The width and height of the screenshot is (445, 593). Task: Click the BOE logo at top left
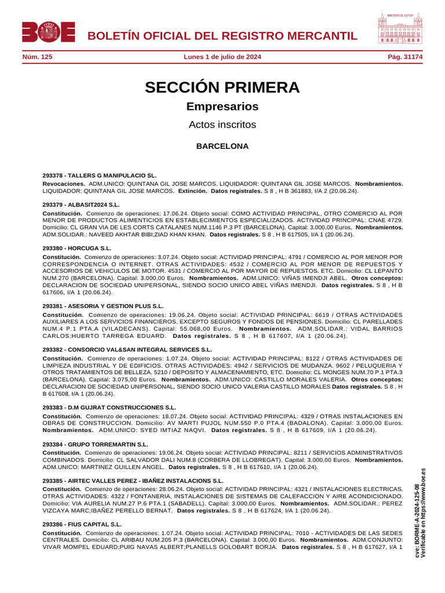tap(49, 32)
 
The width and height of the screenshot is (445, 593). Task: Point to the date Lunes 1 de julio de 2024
tap(222, 57)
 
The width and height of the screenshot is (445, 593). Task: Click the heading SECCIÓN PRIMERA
tap(222, 87)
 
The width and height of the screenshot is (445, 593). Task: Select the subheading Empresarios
tap(222, 107)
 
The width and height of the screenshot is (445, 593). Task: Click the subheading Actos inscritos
tap(222, 125)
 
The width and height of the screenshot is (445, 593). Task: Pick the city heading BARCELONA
tap(222, 146)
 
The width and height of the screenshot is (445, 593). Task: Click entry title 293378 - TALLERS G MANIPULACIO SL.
tap(100, 175)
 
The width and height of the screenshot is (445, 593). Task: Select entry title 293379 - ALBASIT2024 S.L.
tap(81, 204)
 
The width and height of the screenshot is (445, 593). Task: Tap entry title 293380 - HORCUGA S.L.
tap(77, 248)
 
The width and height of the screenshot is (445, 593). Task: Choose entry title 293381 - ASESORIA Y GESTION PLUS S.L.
tap(103, 306)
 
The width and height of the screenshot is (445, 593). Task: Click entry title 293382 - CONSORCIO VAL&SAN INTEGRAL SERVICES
tap(127, 350)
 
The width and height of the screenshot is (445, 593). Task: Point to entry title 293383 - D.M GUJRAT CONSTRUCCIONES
tap(110, 408)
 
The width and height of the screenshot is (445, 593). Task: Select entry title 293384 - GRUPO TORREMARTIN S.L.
tap(96, 444)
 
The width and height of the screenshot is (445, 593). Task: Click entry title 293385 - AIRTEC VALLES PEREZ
tap(133, 481)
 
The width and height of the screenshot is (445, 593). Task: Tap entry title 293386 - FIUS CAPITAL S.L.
tap(82, 524)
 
